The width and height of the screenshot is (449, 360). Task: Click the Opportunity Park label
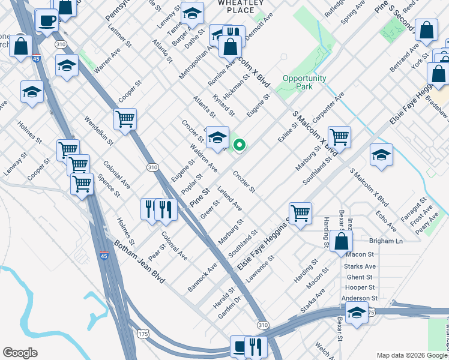(x=304, y=82)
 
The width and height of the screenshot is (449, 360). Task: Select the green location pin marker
(x=239, y=145)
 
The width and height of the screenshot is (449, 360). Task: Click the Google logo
(x=20, y=353)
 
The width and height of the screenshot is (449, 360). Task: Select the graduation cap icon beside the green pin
(x=217, y=137)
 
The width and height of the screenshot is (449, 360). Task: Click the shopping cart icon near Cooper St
(x=125, y=119)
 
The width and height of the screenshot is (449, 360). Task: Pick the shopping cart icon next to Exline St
(x=339, y=137)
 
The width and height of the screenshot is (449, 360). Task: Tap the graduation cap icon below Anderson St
(x=357, y=313)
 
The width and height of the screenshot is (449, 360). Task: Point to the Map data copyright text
(x=411, y=355)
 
